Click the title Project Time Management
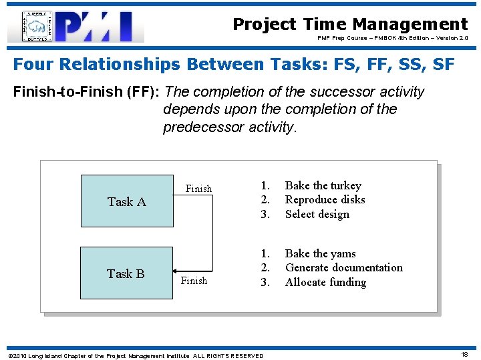coord(350,24)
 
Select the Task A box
coord(126,201)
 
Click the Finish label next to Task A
coord(198,189)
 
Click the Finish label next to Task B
coord(194,281)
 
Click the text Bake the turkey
coord(323,185)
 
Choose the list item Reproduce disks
coord(325,199)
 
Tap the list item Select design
coord(317,214)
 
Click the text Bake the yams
coord(320,253)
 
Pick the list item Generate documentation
coord(343,267)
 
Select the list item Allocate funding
coord(325,282)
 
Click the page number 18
coord(464,355)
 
